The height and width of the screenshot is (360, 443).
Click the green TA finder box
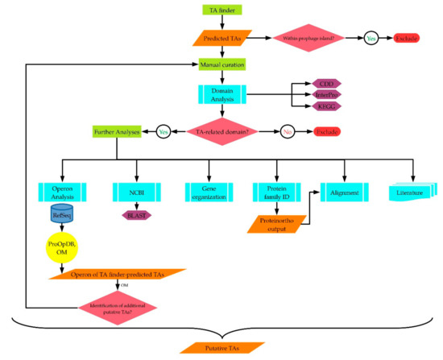[220, 10]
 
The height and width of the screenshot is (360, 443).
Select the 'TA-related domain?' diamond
[219, 130]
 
